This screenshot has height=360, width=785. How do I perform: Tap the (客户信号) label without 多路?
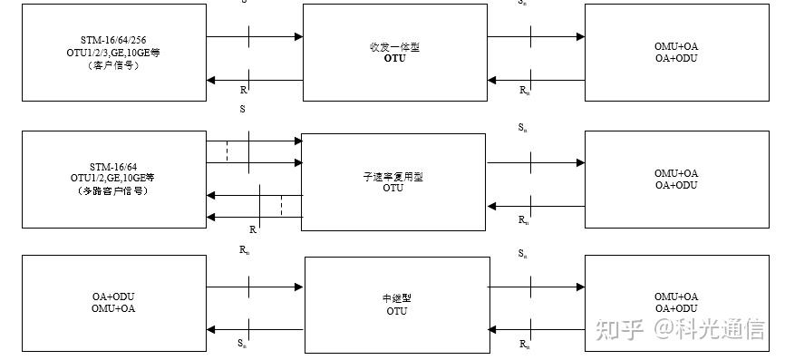click(113, 65)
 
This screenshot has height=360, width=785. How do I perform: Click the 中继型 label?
click(395, 299)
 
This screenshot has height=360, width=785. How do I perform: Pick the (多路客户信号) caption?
click(113, 191)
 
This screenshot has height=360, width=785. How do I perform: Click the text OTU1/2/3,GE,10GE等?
click(113, 54)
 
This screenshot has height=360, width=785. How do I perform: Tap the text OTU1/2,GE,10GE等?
click(113, 179)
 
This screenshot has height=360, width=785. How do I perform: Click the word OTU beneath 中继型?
click(395, 312)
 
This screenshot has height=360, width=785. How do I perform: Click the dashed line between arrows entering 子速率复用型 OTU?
click(227, 151)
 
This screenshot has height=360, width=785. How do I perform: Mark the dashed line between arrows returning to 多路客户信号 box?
click(281, 206)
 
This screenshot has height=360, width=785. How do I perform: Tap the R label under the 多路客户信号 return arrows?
click(252, 230)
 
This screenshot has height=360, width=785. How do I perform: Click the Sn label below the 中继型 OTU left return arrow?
click(242, 343)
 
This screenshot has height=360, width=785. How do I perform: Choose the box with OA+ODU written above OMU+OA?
click(113, 303)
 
